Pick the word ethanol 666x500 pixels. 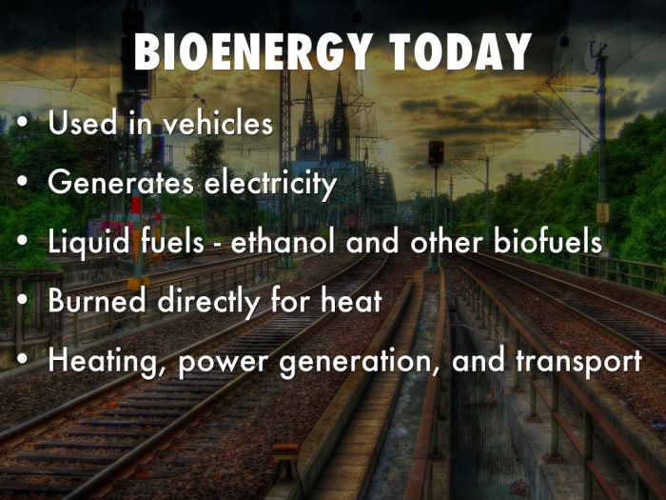point(294,241)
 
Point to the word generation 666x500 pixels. point(351,363)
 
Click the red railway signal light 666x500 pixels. point(435,149)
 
